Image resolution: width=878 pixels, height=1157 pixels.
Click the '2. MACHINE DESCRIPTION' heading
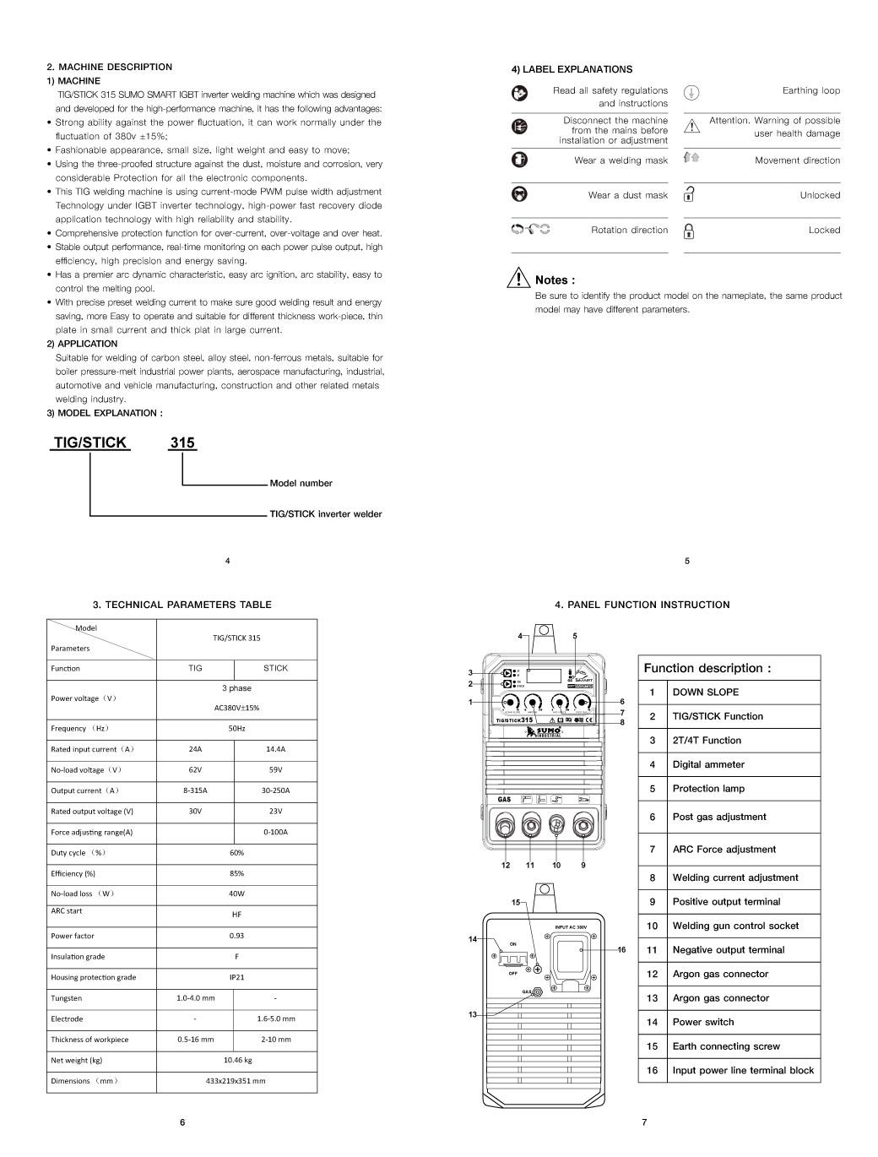coord(109,67)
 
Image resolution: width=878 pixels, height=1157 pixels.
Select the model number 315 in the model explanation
coord(182,443)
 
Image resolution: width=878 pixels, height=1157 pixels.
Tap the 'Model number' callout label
coord(301,483)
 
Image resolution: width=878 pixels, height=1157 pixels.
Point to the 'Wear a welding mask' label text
coord(621,160)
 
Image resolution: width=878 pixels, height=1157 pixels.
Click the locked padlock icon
coord(689,231)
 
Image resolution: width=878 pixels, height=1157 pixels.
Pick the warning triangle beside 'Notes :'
coord(519,279)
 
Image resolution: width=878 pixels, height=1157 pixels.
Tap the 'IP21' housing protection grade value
coord(237,977)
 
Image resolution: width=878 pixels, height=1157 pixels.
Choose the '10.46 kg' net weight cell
coord(237,1060)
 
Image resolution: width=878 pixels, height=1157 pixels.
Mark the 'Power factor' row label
coord(73,936)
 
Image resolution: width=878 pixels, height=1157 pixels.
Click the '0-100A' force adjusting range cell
coord(275,832)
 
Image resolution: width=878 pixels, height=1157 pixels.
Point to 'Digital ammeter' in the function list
coord(708,764)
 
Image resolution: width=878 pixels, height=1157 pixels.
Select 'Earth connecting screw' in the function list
coord(726,1046)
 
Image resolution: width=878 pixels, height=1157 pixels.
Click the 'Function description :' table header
coord(707,668)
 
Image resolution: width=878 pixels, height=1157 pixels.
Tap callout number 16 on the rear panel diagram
coord(621,950)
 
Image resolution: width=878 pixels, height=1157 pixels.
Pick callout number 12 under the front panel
coord(506,865)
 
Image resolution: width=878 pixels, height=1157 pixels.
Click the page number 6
coord(182,1122)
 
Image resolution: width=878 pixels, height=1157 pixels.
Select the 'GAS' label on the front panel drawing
coord(504,799)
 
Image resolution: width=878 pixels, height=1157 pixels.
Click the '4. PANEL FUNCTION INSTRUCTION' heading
coord(642,605)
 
